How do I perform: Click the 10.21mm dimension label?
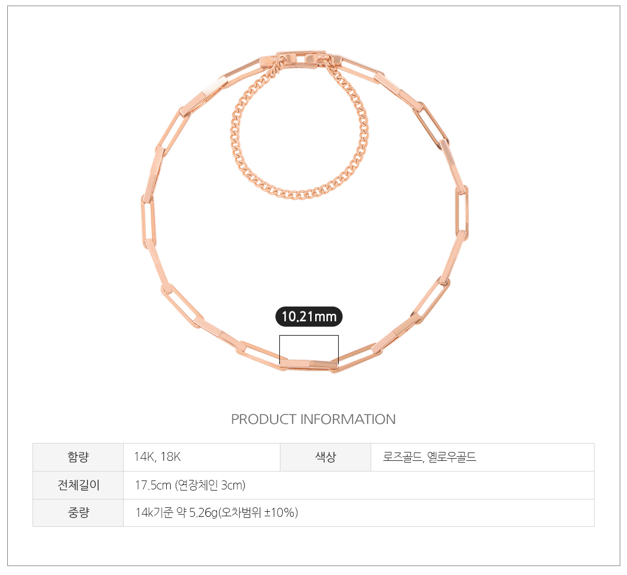(x=308, y=317)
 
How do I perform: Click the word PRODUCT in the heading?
(x=264, y=419)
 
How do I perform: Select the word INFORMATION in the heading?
(x=348, y=419)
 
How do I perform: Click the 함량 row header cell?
(x=78, y=457)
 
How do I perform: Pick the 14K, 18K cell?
(x=202, y=457)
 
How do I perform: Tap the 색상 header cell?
(x=325, y=457)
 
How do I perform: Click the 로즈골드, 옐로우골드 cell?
(x=482, y=457)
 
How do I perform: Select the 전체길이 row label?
(x=78, y=485)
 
